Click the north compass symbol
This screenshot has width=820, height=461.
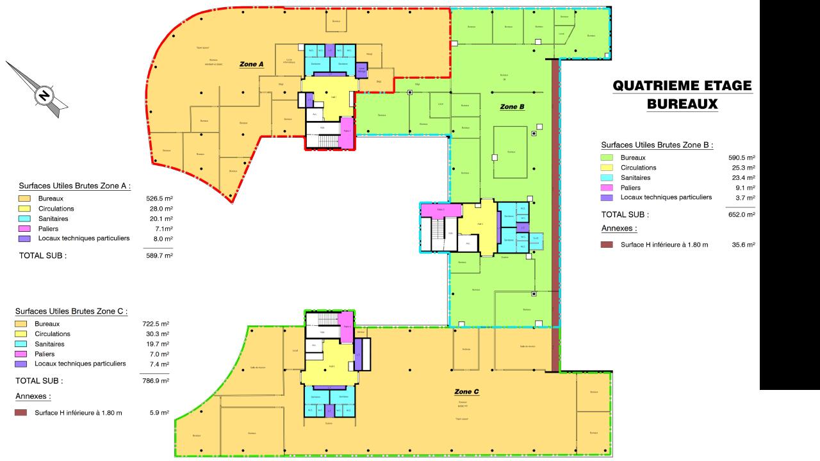44,95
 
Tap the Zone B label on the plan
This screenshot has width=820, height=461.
512,107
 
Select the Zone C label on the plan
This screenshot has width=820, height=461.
466,391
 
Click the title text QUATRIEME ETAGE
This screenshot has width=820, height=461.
682,86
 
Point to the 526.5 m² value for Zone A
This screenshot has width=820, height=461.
160,198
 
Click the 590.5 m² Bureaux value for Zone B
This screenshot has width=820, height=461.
742,158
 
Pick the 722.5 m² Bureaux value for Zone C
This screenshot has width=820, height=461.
156,324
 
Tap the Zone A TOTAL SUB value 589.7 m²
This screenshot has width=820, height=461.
160,255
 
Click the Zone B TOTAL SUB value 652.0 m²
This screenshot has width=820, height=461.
742,214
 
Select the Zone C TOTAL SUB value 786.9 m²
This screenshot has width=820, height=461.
156,380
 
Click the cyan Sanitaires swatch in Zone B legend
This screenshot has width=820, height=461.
607,177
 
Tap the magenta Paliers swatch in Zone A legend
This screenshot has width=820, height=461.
24,229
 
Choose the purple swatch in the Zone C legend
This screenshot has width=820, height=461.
20,364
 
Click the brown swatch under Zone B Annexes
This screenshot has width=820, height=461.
607,245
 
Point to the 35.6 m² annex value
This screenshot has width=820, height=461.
743,245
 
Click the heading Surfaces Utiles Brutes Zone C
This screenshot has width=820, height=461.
71,311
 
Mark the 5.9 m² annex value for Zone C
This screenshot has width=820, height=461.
160,413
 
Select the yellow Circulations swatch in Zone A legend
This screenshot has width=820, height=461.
24,209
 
